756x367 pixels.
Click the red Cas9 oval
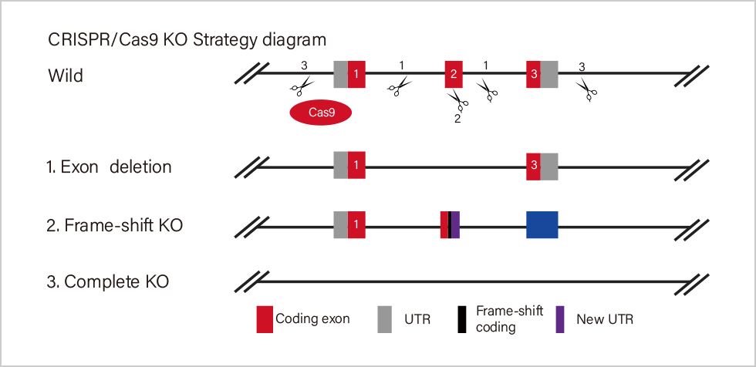pyautogui.click(x=320, y=113)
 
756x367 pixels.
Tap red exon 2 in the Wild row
pyautogui.click(x=454, y=75)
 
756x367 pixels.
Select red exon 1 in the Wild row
pyautogui.click(x=356, y=75)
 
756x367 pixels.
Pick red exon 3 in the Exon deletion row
pyautogui.click(x=533, y=165)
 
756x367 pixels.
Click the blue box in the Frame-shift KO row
pyautogui.click(x=542, y=224)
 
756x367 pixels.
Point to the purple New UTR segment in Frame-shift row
pyautogui.click(x=455, y=224)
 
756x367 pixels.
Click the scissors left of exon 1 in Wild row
pyautogui.click(x=302, y=85)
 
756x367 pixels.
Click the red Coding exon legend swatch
pyautogui.click(x=264, y=319)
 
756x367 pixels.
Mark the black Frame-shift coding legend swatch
pyautogui.click(x=462, y=319)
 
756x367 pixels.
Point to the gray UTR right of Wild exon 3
pyautogui.click(x=549, y=75)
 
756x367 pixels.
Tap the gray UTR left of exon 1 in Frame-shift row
pyautogui.click(x=340, y=224)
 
